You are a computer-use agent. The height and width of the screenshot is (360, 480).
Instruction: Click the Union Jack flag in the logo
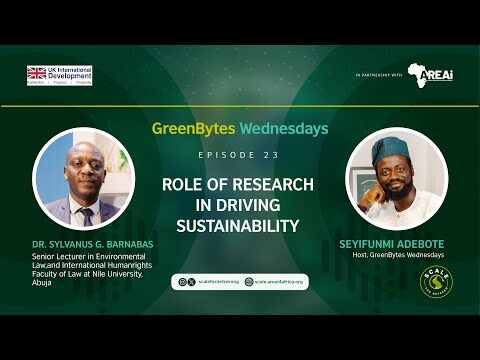pyautogui.click(x=37, y=73)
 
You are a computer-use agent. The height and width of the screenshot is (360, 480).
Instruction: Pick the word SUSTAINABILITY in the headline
pyautogui.click(x=238, y=226)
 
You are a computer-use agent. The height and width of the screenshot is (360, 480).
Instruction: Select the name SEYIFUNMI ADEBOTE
pyautogui.click(x=394, y=243)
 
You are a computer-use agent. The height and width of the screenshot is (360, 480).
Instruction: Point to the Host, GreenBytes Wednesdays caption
pyautogui.click(x=394, y=255)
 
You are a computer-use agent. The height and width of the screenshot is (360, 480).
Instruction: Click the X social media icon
pyautogui.click(x=190, y=283)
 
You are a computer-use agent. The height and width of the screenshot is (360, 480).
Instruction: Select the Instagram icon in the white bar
pyautogui.click(x=181, y=283)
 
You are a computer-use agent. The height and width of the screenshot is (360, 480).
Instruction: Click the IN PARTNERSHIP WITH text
pyautogui.click(x=378, y=76)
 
